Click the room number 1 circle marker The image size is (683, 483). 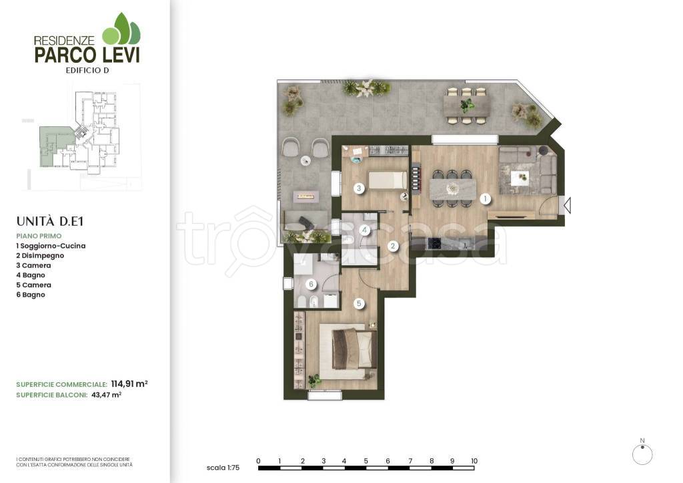486,199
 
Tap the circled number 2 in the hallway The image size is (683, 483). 392,247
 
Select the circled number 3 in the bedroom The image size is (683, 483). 359,188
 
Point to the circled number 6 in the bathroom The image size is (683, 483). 311,285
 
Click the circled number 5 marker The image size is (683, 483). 359,304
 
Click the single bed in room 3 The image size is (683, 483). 388,180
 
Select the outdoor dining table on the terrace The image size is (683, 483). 466,105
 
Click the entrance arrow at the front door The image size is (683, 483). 567,204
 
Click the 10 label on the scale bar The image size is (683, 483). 474,461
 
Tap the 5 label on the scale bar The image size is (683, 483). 366,461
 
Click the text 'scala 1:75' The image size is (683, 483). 223,468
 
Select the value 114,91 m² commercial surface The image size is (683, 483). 129,384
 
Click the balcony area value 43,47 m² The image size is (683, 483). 106,395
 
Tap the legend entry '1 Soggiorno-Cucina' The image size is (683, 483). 51,246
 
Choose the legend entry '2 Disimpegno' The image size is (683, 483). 40,256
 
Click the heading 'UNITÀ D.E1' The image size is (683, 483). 49,221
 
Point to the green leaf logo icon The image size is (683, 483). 121,29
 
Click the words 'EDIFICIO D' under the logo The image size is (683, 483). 87,70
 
